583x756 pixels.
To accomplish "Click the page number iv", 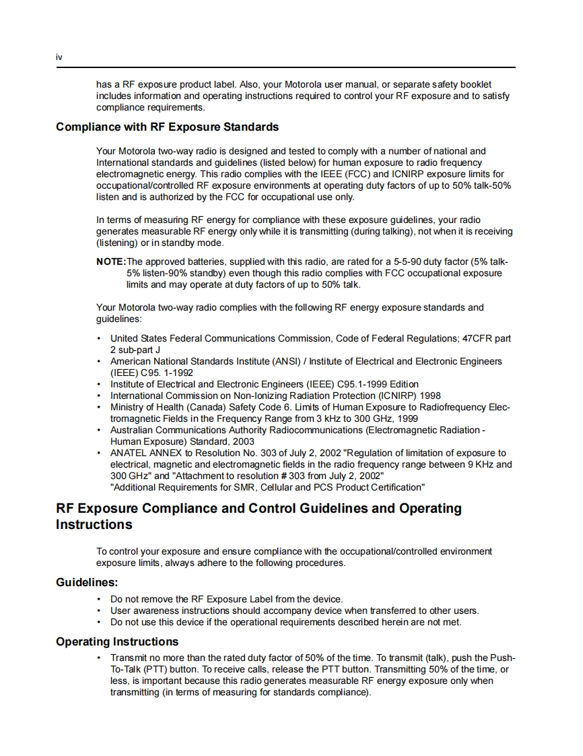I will [x=59, y=58].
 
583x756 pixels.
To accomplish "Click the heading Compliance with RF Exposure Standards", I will [x=167, y=127].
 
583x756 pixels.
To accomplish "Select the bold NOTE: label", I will [x=111, y=261].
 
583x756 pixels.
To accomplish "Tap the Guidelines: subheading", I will [x=87, y=582].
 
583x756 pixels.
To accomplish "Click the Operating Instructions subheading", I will [x=117, y=641].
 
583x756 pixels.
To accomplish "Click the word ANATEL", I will [x=128, y=453].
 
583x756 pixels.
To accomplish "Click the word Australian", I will [x=132, y=430].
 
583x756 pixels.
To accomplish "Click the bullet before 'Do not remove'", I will [x=100, y=599].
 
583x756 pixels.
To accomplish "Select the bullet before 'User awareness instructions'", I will [x=100, y=610].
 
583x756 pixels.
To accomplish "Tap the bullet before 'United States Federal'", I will [x=100, y=338].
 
